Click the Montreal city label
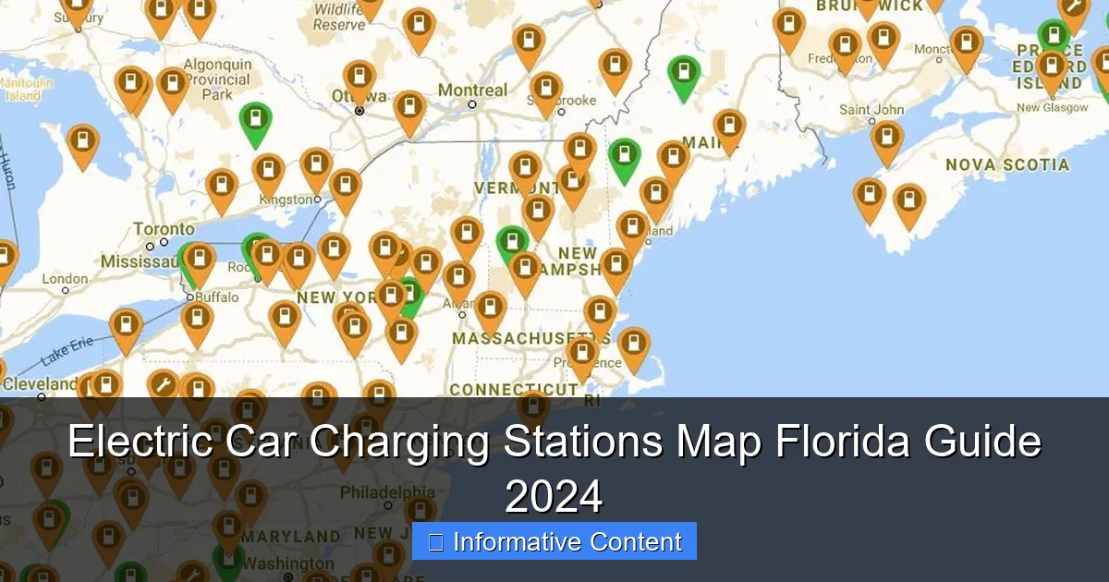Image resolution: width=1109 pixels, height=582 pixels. (x=472, y=91)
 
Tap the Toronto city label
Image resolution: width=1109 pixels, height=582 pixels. (x=164, y=229)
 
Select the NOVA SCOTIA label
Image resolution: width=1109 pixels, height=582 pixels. (x=1007, y=165)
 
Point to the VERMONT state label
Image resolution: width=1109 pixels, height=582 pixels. (x=505, y=188)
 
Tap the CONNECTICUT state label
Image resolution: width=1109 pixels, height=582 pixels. (x=513, y=391)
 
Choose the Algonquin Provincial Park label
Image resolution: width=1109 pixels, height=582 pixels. (x=217, y=79)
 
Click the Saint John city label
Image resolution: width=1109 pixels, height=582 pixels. (x=871, y=110)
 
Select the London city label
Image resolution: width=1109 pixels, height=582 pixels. (x=65, y=279)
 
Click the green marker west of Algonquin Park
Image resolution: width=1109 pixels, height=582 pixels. (x=255, y=121)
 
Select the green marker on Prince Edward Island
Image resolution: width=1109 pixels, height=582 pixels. (x=1053, y=36)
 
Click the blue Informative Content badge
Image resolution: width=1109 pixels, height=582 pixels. (x=554, y=541)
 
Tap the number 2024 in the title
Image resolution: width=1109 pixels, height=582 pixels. (x=554, y=496)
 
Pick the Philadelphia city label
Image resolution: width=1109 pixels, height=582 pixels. (x=387, y=491)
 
